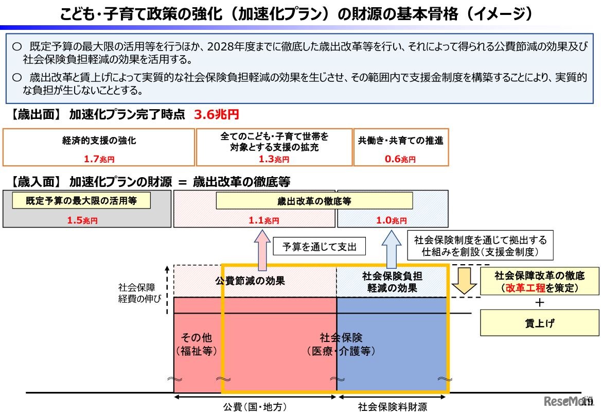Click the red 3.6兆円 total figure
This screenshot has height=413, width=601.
coord(216,115)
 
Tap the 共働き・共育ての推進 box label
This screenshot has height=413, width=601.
coord(400,140)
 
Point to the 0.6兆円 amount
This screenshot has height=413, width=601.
coord(400,159)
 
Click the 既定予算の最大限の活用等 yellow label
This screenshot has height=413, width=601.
coord(81,201)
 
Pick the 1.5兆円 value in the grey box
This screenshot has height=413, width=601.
coord(82,220)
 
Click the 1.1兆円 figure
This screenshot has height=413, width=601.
coord(263,220)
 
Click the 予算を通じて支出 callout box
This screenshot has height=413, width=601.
coord(319,247)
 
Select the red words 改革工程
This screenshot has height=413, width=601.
coord(525,288)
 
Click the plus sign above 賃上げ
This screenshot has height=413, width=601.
coord(539,302)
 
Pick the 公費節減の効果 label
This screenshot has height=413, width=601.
coord(250,281)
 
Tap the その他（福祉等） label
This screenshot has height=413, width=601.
coord(197,345)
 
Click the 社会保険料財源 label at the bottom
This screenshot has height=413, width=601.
coord(393,407)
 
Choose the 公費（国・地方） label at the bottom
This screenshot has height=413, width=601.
coord(255,407)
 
